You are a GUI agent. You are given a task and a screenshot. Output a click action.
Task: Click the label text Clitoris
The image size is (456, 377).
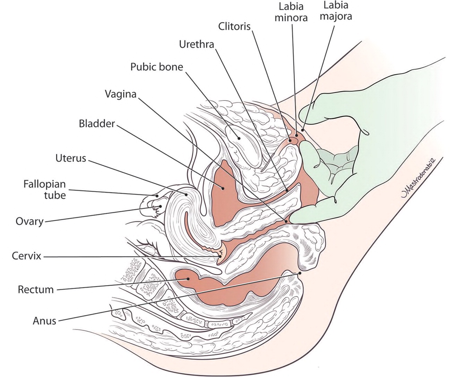click(234, 26)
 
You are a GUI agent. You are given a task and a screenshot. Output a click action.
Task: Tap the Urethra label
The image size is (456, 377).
click(196, 44)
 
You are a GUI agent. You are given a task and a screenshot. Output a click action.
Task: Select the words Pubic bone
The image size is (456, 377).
click(156, 67)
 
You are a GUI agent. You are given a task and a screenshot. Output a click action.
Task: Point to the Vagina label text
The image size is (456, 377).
click(120, 94)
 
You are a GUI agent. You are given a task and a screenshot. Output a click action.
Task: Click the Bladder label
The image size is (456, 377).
click(97, 123)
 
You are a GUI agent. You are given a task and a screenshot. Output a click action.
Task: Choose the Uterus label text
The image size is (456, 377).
click(70, 158)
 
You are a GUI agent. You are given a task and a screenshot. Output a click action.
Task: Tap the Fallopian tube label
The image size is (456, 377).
click(44, 189)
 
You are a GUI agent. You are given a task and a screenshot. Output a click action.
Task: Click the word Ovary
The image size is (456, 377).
click(29, 221)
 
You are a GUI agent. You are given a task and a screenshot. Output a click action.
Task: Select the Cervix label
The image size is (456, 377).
click(26, 256)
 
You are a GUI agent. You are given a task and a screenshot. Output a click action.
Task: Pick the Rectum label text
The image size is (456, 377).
click(36, 289)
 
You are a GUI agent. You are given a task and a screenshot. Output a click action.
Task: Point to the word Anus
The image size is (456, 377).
click(44, 321)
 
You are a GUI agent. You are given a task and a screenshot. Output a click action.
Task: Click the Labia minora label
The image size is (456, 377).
click(291, 12)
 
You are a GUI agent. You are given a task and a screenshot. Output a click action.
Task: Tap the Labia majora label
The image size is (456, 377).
click(336, 11)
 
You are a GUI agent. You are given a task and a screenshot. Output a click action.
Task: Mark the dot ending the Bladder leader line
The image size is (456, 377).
click(224, 188)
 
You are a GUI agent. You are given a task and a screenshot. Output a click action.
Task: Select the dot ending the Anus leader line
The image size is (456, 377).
click(300, 273)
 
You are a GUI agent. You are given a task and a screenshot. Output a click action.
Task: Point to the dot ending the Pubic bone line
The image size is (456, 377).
click(239, 138)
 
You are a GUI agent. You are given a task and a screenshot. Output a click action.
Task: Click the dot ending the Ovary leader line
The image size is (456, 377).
click(161, 207)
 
